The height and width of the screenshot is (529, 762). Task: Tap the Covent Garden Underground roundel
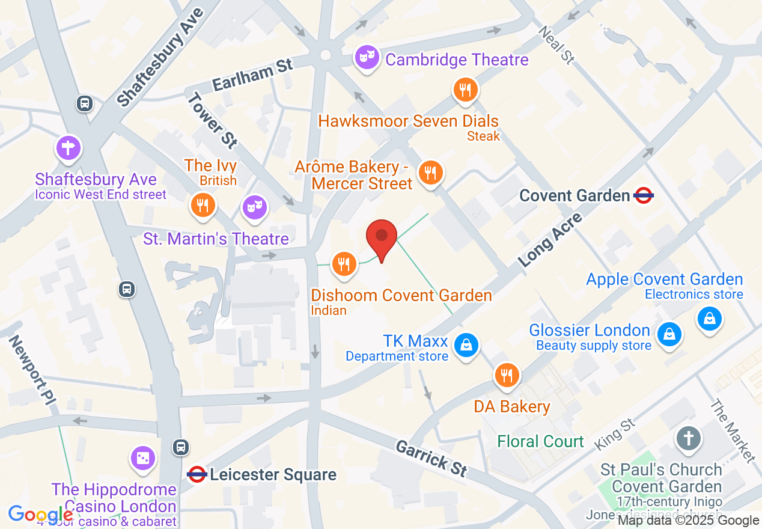click(643, 195)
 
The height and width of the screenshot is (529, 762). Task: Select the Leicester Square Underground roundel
click(197, 474)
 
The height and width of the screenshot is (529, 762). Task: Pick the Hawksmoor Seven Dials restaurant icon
click(465, 90)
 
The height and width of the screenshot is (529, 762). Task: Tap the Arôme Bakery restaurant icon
click(430, 173)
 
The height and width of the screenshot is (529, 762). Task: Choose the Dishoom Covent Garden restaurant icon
click(343, 263)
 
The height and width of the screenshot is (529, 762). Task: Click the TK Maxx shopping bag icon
click(466, 345)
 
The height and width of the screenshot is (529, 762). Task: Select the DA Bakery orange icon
click(507, 375)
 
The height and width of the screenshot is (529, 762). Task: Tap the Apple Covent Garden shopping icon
click(710, 317)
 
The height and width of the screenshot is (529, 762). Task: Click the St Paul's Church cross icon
click(689, 438)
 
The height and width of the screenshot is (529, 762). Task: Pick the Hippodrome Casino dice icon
click(144, 458)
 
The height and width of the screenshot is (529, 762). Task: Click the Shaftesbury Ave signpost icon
click(69, 147)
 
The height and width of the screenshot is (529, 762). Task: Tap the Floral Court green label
click(540, 441)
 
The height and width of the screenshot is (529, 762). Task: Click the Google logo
click(41, 515)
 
